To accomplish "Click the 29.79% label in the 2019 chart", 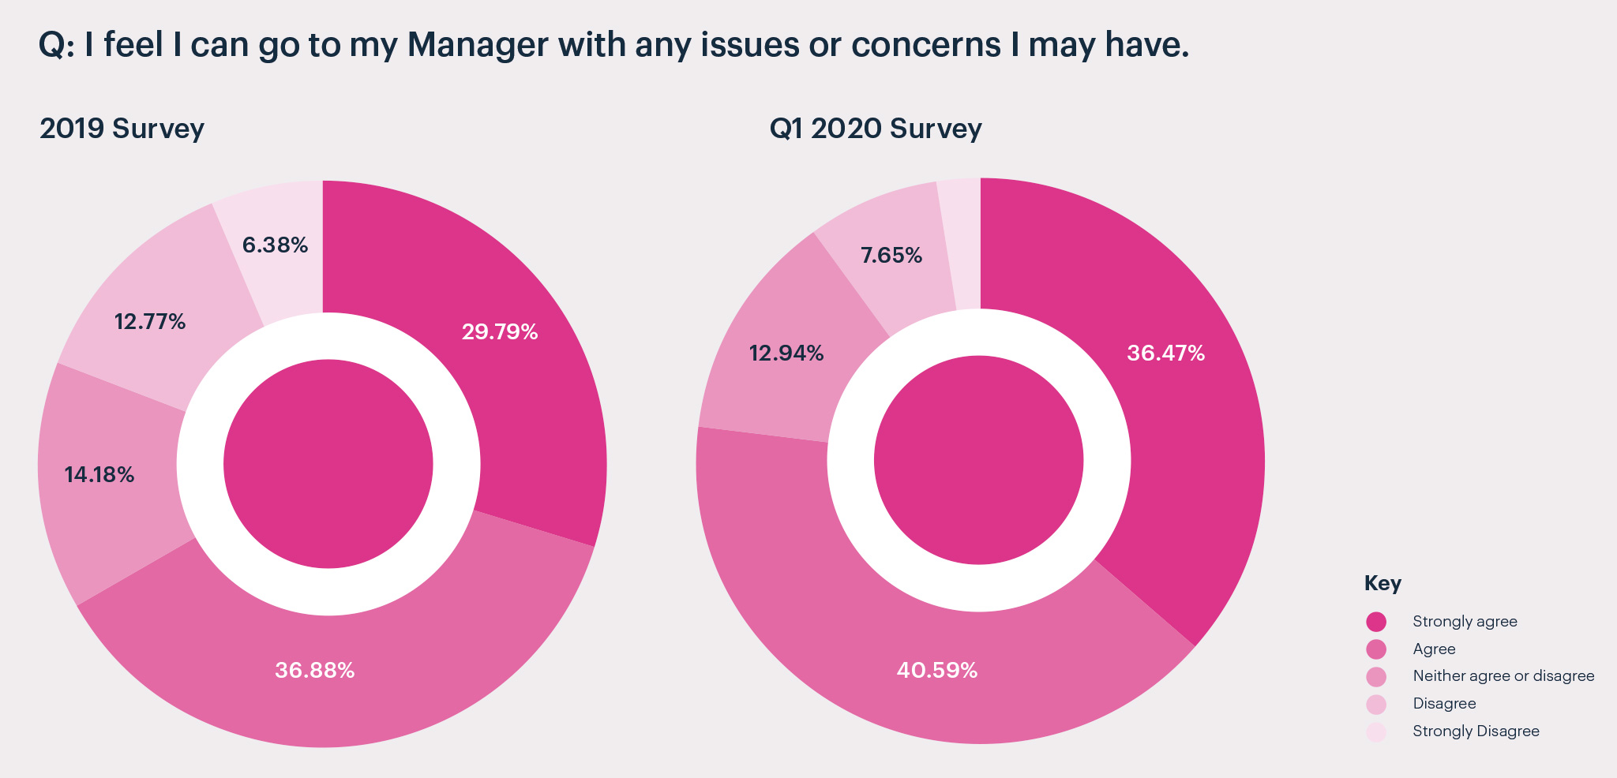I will [x=500, y=331].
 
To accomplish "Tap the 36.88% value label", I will [x=314, y=670].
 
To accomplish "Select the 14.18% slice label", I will [x=99, y=474].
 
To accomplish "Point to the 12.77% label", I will [x=149, y=321].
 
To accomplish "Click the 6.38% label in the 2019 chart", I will [x=275, y=245].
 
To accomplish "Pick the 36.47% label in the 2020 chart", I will [x=1165, y=353].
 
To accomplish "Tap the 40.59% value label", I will [x=936, y=670].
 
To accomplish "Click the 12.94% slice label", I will [x=786, y=353].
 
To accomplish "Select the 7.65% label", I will [x=891, y=255].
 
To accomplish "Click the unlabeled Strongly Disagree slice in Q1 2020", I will [x=962, y=237].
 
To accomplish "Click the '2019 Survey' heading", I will [x=122, y=128].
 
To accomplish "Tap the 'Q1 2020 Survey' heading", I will [x=875, y=128].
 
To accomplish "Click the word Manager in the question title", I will [x=478, y=44].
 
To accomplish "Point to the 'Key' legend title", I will [x=1383, y=583].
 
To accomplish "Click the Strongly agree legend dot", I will [x=1376, y=622].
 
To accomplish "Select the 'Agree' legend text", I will [x=1434, y=649].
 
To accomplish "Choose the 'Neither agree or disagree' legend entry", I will [x=1503, y=676].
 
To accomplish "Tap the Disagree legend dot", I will [x=1376, y=704].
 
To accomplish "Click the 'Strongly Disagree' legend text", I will [x=1476, y=731].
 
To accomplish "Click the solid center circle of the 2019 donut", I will [x=328, y=464].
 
